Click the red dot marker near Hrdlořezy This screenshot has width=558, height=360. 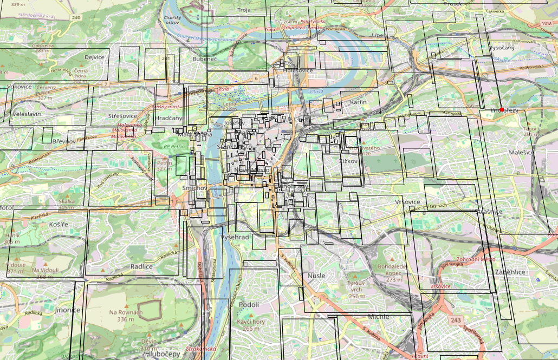pyautogui.click(x=502, y=110)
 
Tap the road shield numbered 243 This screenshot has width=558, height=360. pyautogui.click(x=456, y=321)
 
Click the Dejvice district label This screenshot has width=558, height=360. pyautogui.click(x=94, y=57)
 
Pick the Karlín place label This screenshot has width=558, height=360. pyautogui.click(x=358, y=102)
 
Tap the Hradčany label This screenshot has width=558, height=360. pyautogui.click(x=168, y=117)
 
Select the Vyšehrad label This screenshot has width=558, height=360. pyautogui.click(x=235, y=238)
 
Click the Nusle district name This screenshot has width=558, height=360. pyautogui.click(x=316, y=276)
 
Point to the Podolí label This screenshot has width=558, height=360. pyautogui.click(x=249, y=305)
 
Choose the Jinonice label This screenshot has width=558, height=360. pyautogui.click(x=67, y=310)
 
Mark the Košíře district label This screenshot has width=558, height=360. pyautogui.click(x=57, y=224)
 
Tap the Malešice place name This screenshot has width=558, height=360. pyautogui.click(x=521, y=153)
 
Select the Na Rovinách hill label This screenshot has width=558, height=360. pyautogui.click(x=125, y=312)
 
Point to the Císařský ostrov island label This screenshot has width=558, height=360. pyautogui.click(x=171, y=20)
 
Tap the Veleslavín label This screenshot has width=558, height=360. pyautogui.click(x=26, y=115)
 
